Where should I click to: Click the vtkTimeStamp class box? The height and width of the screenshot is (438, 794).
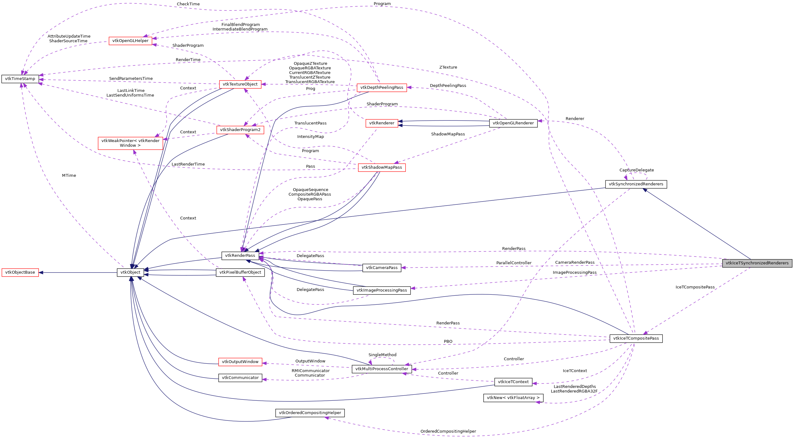(20, 79)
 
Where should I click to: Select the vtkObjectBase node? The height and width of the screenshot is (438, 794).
(20, 272)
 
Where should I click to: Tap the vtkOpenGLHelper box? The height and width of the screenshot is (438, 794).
(130, 41)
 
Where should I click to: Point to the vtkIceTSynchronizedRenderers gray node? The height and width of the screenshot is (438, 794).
(757, 263)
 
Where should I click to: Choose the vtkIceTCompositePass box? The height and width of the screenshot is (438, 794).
(636, 338)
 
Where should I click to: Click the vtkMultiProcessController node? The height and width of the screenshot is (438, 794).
(381, 369)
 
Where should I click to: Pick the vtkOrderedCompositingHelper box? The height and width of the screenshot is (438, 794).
(310, 413)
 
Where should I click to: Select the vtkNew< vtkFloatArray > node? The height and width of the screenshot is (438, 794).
(513, 398)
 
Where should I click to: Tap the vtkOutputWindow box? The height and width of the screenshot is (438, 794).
(240, 362)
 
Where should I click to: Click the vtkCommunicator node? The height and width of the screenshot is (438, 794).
(240, 378)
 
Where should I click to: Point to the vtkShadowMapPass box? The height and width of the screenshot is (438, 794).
(381, 167)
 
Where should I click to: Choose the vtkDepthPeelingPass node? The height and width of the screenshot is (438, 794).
(381, 87)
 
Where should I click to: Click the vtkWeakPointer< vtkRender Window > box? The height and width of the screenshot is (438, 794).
(130, 143)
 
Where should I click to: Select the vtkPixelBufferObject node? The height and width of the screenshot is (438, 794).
(240, 272)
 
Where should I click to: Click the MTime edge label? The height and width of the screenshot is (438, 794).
(69, 176)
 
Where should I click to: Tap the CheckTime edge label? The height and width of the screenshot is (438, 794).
(188, 4)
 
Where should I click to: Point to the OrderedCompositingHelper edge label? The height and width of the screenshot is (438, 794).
(448, 431)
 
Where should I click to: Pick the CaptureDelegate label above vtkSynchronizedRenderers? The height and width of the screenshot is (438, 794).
(636, 170)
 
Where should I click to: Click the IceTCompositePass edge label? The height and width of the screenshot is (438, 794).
(695, 287)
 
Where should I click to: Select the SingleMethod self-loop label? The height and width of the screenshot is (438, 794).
(382, 355)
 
